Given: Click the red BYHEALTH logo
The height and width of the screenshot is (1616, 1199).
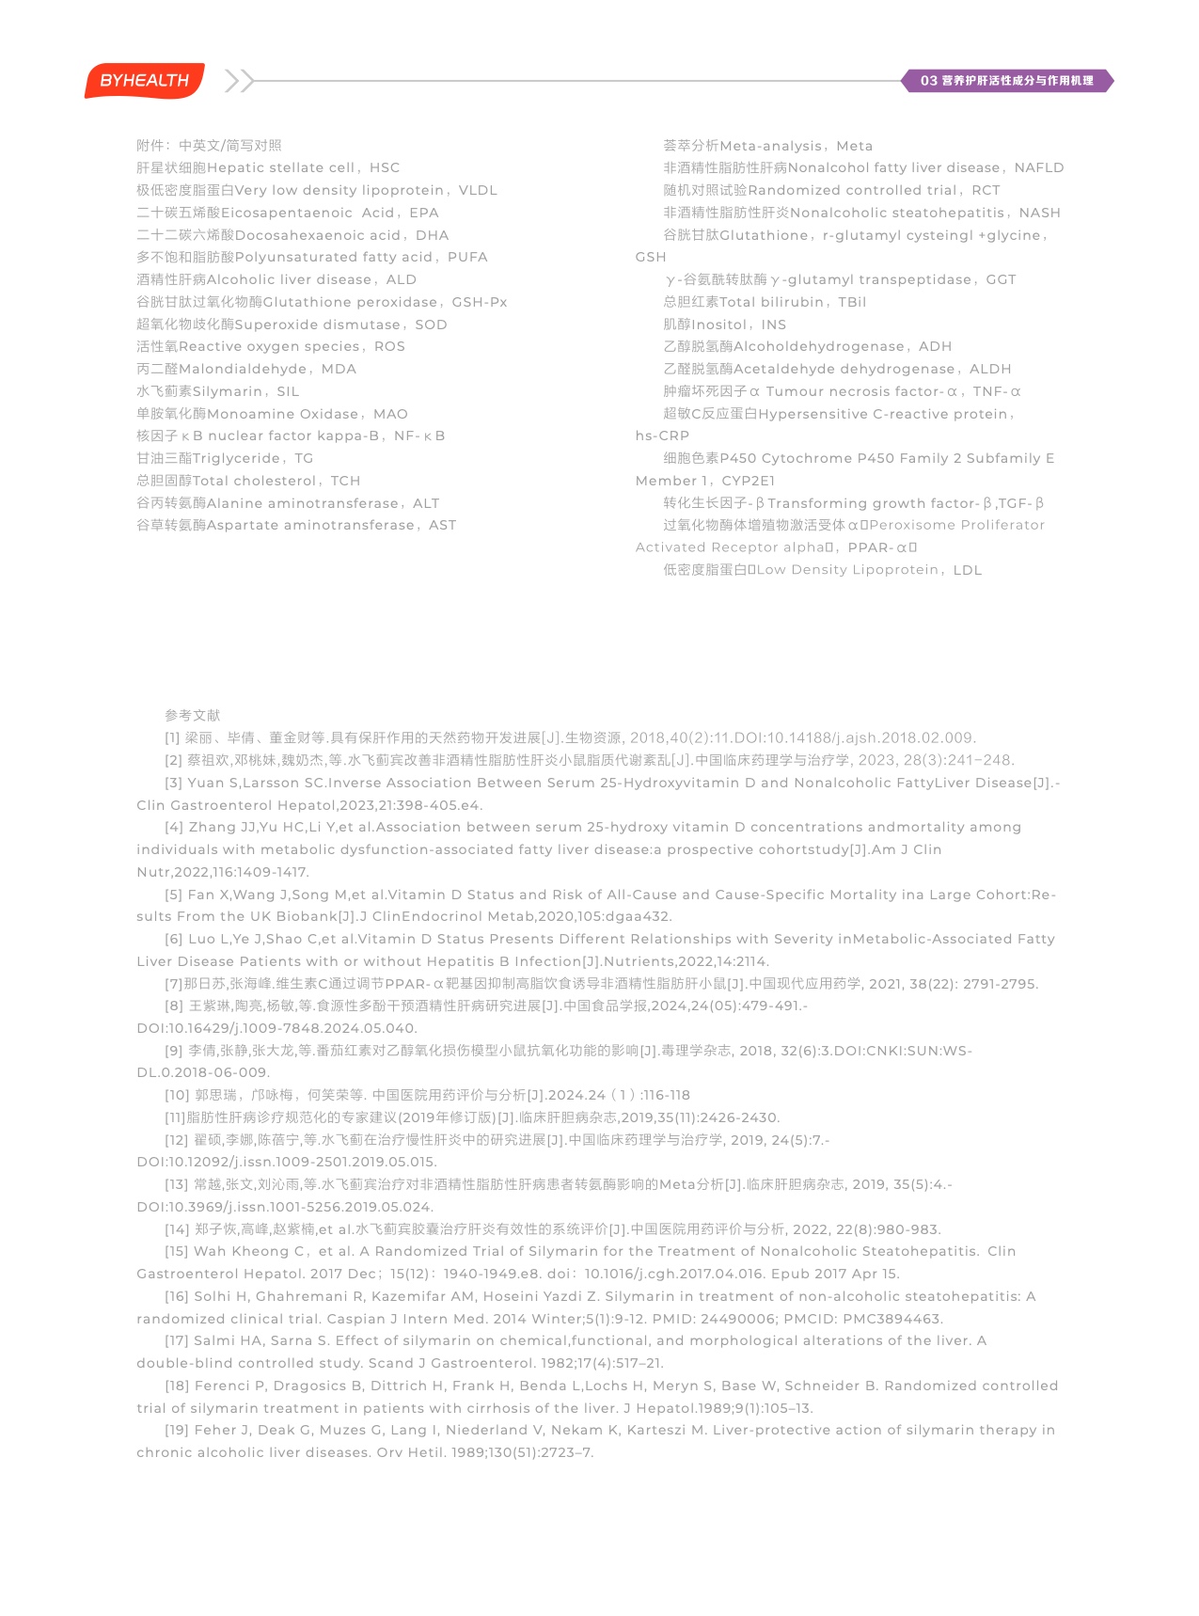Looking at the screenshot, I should point(144,81).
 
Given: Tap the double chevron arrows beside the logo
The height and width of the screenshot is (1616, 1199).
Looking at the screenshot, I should point(240,81).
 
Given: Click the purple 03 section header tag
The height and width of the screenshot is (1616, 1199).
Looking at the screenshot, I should point(1006,81).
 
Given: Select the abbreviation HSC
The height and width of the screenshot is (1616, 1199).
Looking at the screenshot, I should point(385,168).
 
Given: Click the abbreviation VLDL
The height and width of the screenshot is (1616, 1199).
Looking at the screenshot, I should point(478,190).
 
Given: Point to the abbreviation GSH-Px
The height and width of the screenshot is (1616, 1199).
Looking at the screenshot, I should point(480,302).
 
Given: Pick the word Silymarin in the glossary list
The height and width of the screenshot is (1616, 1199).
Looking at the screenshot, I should point(228,391).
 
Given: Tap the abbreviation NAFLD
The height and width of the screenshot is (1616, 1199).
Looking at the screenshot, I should point(1039,168).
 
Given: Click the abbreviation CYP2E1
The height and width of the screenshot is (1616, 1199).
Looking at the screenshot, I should point(749,481).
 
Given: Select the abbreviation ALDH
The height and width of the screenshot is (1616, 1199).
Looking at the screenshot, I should point(990,369).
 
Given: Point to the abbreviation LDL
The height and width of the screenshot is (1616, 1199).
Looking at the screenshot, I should point(968,570).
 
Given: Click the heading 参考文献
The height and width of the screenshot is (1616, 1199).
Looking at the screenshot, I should point(192,716).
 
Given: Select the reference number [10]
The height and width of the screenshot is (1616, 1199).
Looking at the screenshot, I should point(177,1095).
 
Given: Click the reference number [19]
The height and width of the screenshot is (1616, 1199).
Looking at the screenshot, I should point(177,1430).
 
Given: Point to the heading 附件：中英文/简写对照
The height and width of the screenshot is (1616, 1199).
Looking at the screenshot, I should point(209,146).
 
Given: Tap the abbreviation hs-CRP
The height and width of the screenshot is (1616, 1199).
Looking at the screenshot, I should point(662,436).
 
